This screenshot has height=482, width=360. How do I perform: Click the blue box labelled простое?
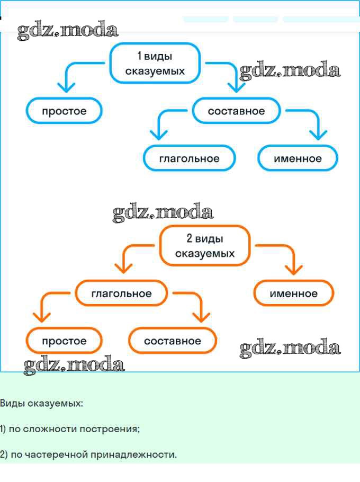pyautogui.click(x=64, y=111)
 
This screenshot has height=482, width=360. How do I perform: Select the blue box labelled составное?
pyautogui.click(x=236, y=111)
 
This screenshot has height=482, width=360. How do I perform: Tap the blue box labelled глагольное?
pyautogui.click(x=189, y=158)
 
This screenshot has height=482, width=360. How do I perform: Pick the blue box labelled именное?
pyautogui.click(x=298, y=158)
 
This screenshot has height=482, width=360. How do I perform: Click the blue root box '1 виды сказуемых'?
pyautogui.click(x=155, y=63)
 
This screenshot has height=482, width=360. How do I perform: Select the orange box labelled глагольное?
pyautogui.click(x=121, y=293)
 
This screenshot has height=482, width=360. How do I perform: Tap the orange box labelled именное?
pyautogui.click(x=294, y=293)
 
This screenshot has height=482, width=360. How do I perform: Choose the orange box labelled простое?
pyautogui.click(x=64, y=341)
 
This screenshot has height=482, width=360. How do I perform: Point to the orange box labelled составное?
pyautogui.click(x=173, y=341)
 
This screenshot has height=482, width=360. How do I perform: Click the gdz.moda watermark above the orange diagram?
pyautogui.click(x=163, y=213)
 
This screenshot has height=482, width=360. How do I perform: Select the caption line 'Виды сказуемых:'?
pyautogui.click(x=41, y=404)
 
